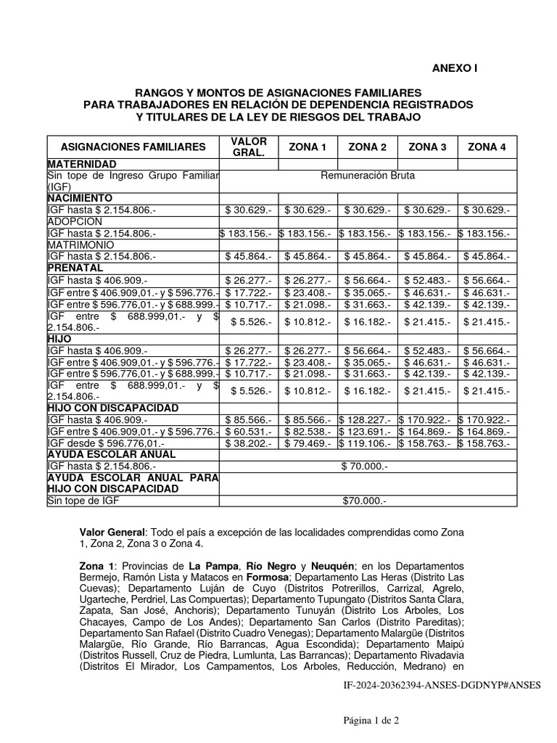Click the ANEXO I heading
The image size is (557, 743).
(455, 68)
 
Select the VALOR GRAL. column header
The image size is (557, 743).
(249, 147)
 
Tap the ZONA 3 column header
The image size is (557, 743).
(428, 147)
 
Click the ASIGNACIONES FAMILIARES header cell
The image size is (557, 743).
(133, 147)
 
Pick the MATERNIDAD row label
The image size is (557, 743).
(81, 165)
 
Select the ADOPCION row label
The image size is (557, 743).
(75, 221)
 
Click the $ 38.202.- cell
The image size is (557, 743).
(249, 443)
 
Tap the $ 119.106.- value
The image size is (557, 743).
(368, 443)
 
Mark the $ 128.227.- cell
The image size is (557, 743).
(368, 419)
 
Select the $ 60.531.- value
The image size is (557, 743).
(249, 431)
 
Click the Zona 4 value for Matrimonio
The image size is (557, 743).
(487, 257)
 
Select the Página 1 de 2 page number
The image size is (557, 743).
(371, 721)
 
